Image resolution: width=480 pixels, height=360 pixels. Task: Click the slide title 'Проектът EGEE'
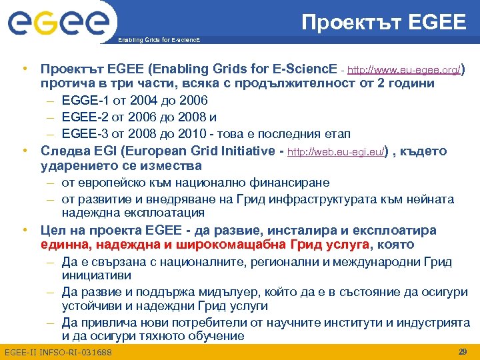click(383, 23)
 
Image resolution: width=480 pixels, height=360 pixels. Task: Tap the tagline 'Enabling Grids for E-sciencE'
click(158, 41)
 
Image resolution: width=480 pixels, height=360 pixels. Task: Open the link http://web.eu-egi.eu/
click(335, 153)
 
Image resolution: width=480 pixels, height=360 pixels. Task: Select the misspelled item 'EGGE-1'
click(83, 101)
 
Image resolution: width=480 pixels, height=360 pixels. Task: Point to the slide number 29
click(462, 351)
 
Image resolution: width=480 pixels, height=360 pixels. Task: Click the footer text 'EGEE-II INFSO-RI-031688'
click(57, 352)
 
